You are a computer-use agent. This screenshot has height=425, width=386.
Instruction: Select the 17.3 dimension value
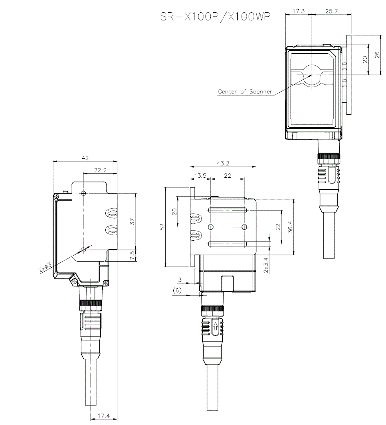pyautogui.click(x=298, y=12)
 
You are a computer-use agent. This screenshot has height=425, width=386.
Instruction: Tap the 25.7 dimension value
pyautogui.click(x=331, y=12)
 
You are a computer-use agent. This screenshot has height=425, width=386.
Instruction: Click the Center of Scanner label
pyautogui.click(x=245, y=92)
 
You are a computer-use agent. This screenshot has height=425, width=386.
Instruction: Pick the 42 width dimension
pyautogui.click(x=85, y=158)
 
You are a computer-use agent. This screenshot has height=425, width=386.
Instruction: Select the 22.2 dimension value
pyautogui.click(x=100, y=170)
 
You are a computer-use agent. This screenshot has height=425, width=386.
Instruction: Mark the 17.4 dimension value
pyautogui.click(x=103, y=416)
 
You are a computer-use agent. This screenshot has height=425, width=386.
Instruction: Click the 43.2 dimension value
pyautogui.click(x=223, y=163)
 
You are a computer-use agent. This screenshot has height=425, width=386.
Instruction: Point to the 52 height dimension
pyautogui.click(x=162, y=227)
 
